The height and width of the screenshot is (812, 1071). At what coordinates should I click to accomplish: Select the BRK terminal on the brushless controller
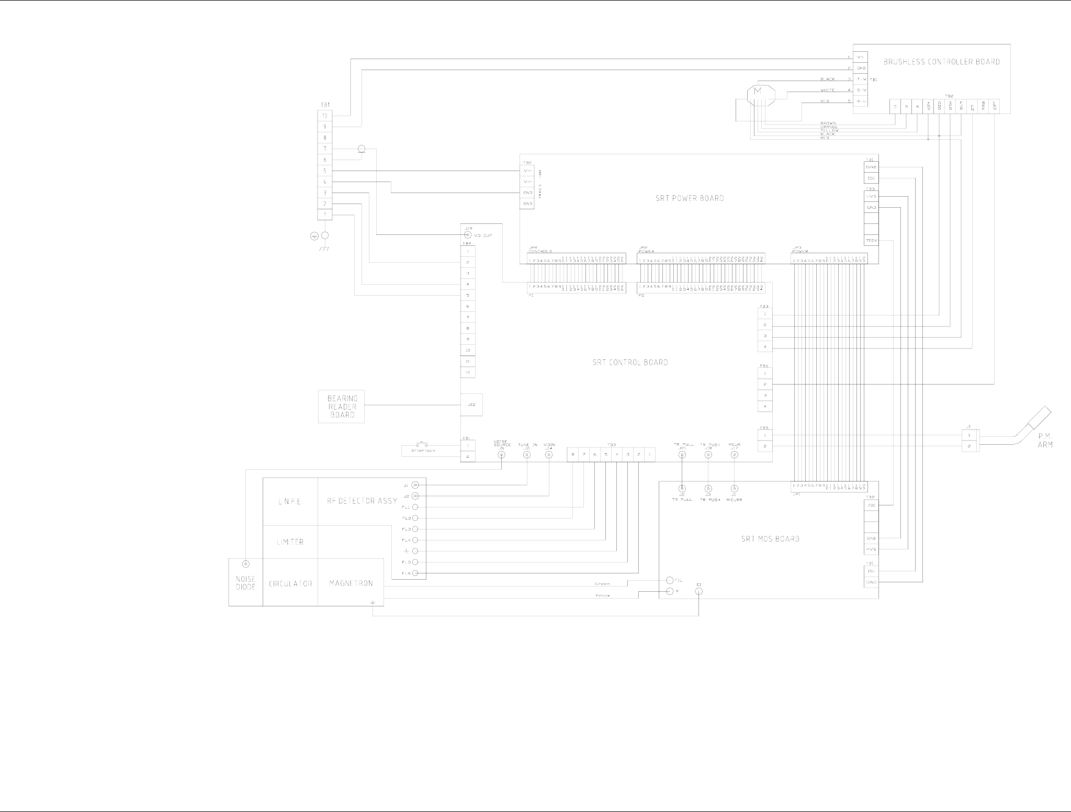point(983,106)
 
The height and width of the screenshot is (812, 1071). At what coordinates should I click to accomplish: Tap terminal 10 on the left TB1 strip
point(324,116)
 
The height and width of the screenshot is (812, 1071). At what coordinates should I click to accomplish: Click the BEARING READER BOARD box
point(341,407)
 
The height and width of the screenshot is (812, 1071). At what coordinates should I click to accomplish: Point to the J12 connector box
point(471,404)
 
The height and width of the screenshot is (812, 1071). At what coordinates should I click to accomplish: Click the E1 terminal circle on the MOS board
point(699,591)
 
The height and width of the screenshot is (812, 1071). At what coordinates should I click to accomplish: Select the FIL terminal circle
point(670,580)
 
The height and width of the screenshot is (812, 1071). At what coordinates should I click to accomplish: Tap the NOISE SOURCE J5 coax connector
point(501,455)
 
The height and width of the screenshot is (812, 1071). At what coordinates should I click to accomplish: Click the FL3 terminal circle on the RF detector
point(415,529)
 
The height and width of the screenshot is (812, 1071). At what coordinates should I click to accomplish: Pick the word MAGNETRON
point(351,583)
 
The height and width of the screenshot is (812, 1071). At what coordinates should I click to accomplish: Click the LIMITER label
point(290,542)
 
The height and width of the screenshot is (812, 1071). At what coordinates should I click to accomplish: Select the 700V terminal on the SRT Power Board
point(871,241)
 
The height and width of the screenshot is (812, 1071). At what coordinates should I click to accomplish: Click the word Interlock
point(423,450)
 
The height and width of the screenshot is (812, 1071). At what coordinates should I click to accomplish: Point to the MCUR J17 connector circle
point(734,455)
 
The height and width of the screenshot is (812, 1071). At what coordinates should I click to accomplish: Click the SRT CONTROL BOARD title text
point(630,362)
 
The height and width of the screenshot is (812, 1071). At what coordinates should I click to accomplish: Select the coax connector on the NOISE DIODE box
point(245,564)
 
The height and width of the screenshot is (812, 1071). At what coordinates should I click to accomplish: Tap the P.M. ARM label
point(1045,441)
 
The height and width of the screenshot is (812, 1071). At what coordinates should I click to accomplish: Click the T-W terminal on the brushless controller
point(861,79)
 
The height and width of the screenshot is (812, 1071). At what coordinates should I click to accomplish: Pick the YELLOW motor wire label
point(829,130)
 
